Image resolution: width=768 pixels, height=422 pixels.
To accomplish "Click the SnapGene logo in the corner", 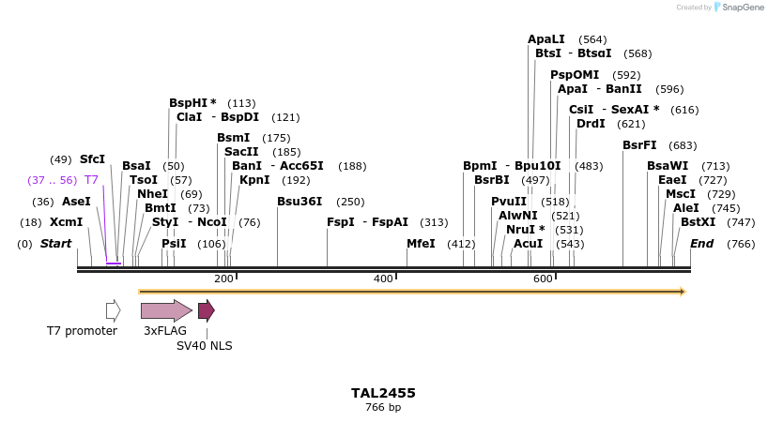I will pos(738,8).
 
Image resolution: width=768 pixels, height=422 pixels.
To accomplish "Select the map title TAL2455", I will pos(383,393).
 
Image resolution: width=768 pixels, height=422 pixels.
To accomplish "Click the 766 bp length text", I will pos(383,408).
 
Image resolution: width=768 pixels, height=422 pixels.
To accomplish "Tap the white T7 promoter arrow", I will pos(113,310).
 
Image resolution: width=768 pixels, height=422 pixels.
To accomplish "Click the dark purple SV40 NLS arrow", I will pos(206,310).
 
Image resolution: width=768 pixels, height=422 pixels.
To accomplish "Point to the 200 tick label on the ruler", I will pos(223,279).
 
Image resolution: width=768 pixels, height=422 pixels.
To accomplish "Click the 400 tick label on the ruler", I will pos(383,279).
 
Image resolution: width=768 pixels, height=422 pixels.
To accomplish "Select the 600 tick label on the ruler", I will pos(543,279).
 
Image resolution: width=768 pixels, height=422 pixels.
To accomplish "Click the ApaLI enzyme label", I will pos(546,39).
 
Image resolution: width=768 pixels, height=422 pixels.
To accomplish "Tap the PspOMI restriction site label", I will pos(575,75).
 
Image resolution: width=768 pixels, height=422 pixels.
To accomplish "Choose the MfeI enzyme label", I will pos(421,244).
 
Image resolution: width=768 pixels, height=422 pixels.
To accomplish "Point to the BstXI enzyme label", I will pos(698,222).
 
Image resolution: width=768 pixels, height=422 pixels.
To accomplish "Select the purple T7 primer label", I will pos(91,179).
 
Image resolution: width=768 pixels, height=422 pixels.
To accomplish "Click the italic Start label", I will pos(55,244).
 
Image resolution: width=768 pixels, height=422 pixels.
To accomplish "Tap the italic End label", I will pos(702,244).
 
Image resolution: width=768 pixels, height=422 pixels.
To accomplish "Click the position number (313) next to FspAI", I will pos(434,222).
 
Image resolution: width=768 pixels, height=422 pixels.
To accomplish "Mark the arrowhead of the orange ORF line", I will pos(683,292).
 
